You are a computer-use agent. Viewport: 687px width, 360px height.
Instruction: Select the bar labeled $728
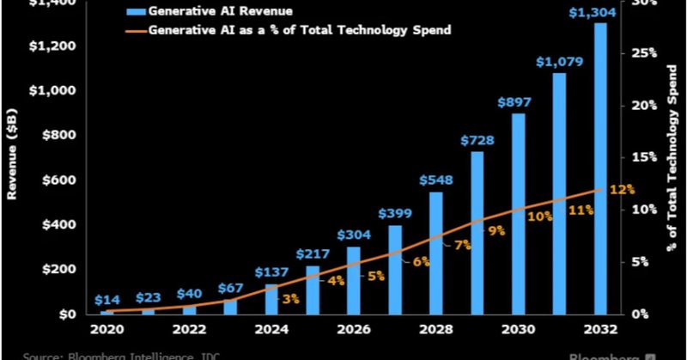click(477, 233)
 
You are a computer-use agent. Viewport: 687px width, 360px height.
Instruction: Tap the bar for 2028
click(435, 253)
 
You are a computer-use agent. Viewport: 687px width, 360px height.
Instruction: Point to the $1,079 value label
click(558, 62)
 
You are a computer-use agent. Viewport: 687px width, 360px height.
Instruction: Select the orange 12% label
click(623, 189)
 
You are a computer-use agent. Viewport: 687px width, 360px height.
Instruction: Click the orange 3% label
click(290, 299)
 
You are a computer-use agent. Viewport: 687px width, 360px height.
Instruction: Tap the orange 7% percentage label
click(463, 246)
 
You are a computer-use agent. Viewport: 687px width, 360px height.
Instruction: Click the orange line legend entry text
click(300, 30)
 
